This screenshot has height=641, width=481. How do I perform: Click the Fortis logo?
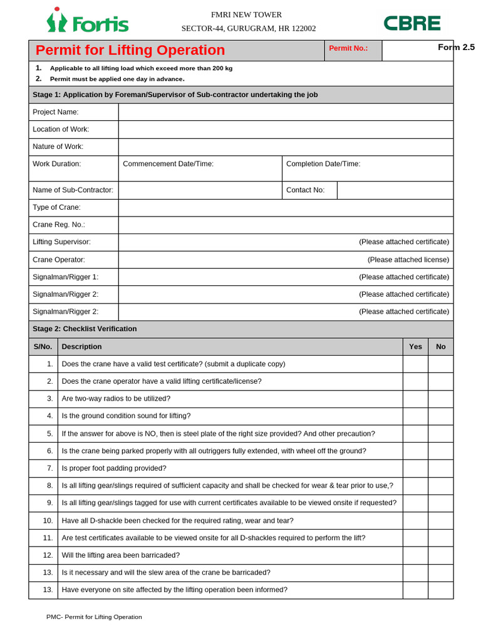87,22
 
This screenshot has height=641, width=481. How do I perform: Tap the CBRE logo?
411,23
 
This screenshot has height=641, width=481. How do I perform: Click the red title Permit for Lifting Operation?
130,50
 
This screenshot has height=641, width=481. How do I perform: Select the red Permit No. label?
348,48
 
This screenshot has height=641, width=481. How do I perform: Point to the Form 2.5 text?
456,47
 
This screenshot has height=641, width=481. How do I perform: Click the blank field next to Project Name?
286,112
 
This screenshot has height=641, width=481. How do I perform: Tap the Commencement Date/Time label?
168,164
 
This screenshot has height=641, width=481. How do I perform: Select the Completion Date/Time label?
323,164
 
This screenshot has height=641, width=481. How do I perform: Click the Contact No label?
306,190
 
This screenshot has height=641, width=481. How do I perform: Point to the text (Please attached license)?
408,259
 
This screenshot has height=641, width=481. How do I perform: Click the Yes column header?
415,347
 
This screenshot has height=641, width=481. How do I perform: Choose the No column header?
441,347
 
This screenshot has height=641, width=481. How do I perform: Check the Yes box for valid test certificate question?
415,364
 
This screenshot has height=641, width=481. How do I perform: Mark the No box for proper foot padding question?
441,468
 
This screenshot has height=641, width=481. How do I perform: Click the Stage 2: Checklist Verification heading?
85,329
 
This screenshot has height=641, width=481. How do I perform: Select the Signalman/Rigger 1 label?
66,277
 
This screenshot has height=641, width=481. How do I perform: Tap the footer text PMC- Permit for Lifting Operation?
94,617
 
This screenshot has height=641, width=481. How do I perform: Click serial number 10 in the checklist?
48,521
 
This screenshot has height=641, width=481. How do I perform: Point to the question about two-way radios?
116,399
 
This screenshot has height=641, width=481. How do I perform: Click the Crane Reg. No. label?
59,225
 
